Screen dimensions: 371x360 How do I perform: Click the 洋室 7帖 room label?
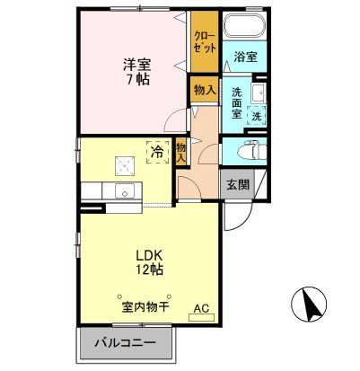(136, 71)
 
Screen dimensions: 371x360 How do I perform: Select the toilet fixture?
(253, 149)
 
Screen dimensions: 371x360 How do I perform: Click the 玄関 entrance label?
(238, 185)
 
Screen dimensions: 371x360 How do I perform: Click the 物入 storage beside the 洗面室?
(204, 90)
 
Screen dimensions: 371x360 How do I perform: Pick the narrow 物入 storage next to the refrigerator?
(180, 152)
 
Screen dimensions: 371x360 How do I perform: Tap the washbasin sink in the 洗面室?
(258, 93)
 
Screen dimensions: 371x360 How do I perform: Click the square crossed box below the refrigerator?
(124, 165)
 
